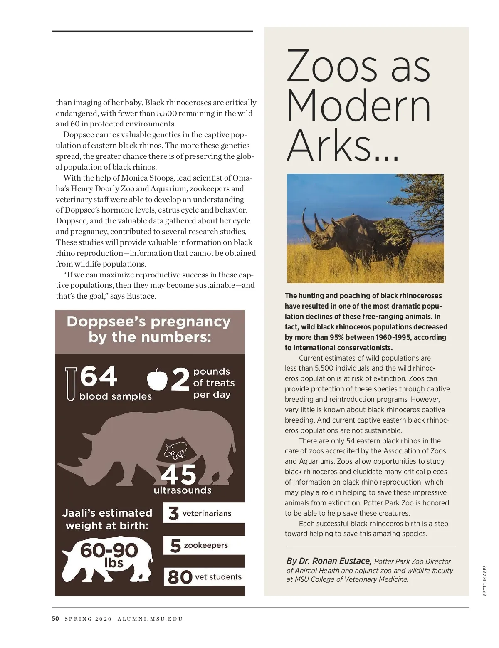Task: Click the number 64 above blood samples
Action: (x=99, y=376)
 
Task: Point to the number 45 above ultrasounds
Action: (x=178, y=475)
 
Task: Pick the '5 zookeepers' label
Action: (x=200, y=545)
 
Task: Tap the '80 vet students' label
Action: (x=204, y=577)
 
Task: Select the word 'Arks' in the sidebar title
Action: (x=329, y=146)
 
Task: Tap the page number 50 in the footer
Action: (x=55, y=618)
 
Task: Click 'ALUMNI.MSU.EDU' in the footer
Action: (x=150, y=619)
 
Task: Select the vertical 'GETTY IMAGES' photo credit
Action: (x=484, y=581)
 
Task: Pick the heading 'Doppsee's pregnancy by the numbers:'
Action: (x=149, y=329)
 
